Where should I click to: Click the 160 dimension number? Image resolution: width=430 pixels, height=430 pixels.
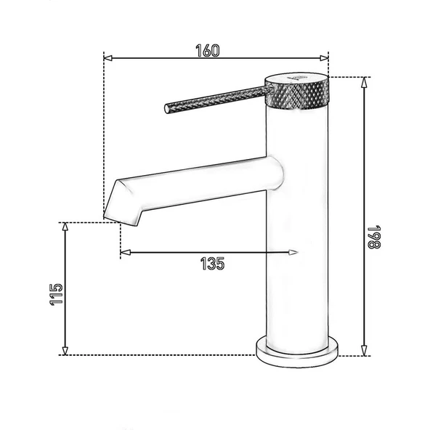(207, 50)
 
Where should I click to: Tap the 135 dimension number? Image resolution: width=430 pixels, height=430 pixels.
(211, 264)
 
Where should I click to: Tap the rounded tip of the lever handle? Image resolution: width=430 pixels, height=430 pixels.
(168, 109)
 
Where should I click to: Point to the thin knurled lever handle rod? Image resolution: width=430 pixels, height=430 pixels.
(218, 99)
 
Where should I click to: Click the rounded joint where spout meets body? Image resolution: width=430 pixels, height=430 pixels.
(275, 172)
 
